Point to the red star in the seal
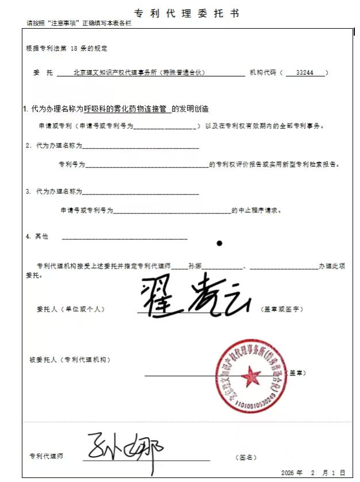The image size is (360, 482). tap(251, 377)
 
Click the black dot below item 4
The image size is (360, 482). tap(219, 243)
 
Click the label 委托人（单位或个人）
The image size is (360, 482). tap(70, 309)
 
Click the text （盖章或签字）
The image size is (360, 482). tap(282, 309)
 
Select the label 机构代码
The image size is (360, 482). tap(262, 73)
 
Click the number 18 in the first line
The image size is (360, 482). tap(74, 49)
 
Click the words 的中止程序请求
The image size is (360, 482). tap(256, 211)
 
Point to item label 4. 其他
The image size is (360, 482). tap(37, 236)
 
